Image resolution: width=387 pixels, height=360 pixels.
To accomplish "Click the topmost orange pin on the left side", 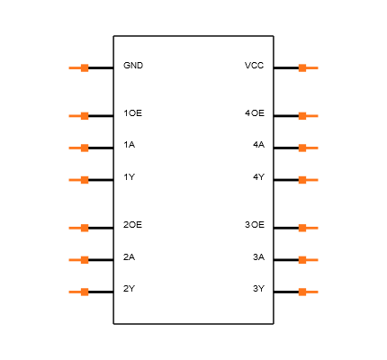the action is click(79, 67).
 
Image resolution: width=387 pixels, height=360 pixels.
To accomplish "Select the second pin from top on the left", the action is click(79, 116).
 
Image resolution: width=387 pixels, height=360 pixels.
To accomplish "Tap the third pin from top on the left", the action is click(79, 148).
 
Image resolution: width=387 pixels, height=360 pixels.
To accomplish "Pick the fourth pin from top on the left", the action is click(79, 180).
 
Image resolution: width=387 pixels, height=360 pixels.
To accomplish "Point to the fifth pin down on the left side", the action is click(79, 228).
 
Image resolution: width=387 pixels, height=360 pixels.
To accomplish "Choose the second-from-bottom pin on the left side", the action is click(79, 260).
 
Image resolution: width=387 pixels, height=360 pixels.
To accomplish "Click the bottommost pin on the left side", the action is click(79, 292).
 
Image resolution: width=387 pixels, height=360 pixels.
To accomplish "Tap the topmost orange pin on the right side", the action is click(308, 67).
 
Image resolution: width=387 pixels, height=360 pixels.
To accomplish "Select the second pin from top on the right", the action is click(308, 116).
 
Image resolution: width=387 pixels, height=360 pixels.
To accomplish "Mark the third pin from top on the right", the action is click(308, 148).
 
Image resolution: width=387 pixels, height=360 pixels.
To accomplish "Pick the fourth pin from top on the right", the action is click(308, 180).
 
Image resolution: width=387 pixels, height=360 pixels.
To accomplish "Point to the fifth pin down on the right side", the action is click(308, 228).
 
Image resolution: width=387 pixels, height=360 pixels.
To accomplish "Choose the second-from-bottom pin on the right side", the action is click(308, 260).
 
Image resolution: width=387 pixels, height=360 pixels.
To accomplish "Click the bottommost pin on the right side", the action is click(308, 292).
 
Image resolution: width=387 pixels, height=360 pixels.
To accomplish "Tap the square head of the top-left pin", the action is click(85, 67).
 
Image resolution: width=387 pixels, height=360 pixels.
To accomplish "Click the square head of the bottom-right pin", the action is click(302, 292).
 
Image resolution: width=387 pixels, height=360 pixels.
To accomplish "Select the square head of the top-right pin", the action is click(302, 67).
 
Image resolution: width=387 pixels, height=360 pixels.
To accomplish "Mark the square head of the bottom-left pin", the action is click(85, 292).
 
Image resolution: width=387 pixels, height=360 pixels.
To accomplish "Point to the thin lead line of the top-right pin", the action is click(313, 67).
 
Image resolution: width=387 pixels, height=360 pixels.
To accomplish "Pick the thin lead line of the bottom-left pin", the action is click(74, 292).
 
